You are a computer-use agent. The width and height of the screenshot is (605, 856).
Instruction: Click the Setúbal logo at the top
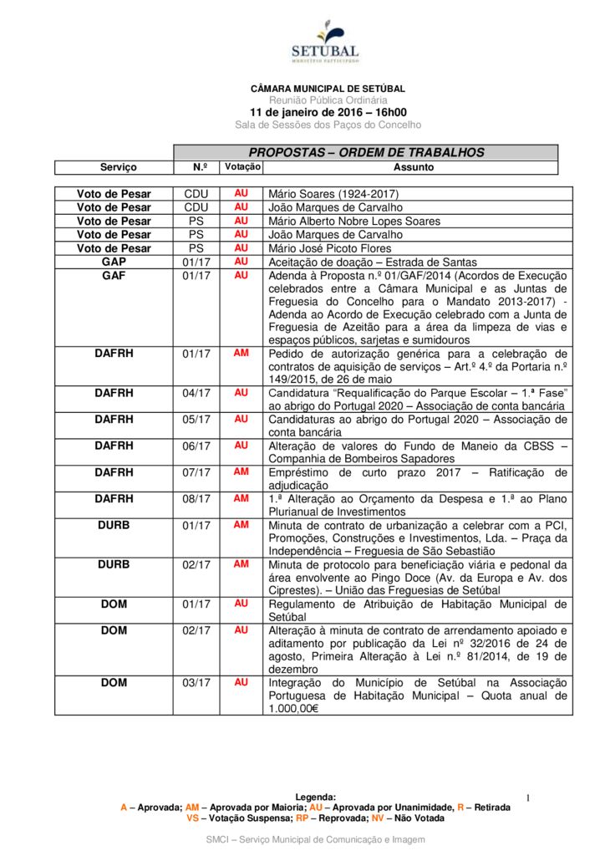[325, 42]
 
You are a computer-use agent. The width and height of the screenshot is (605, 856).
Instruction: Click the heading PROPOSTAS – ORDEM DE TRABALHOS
[366, 153]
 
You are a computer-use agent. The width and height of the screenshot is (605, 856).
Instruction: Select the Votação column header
[241, 167]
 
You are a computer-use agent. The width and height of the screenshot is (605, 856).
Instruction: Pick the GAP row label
[114, 262]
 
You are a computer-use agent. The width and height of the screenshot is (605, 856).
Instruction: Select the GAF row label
[114, 275]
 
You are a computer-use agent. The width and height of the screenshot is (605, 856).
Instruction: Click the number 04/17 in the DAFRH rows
[196, 392]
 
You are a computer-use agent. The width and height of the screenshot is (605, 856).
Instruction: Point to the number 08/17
[196, 498]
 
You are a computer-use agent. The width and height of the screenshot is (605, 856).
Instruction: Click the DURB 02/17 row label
[114, 564]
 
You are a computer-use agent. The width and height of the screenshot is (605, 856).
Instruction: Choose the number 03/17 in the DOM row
[196, 682]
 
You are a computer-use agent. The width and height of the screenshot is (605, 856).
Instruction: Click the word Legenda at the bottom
[316, 797]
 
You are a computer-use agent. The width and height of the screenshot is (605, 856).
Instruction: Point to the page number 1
[529, 799]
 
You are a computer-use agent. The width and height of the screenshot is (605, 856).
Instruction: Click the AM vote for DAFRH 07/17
[241, 471]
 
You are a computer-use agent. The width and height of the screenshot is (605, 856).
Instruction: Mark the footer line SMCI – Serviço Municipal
[315, 838]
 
